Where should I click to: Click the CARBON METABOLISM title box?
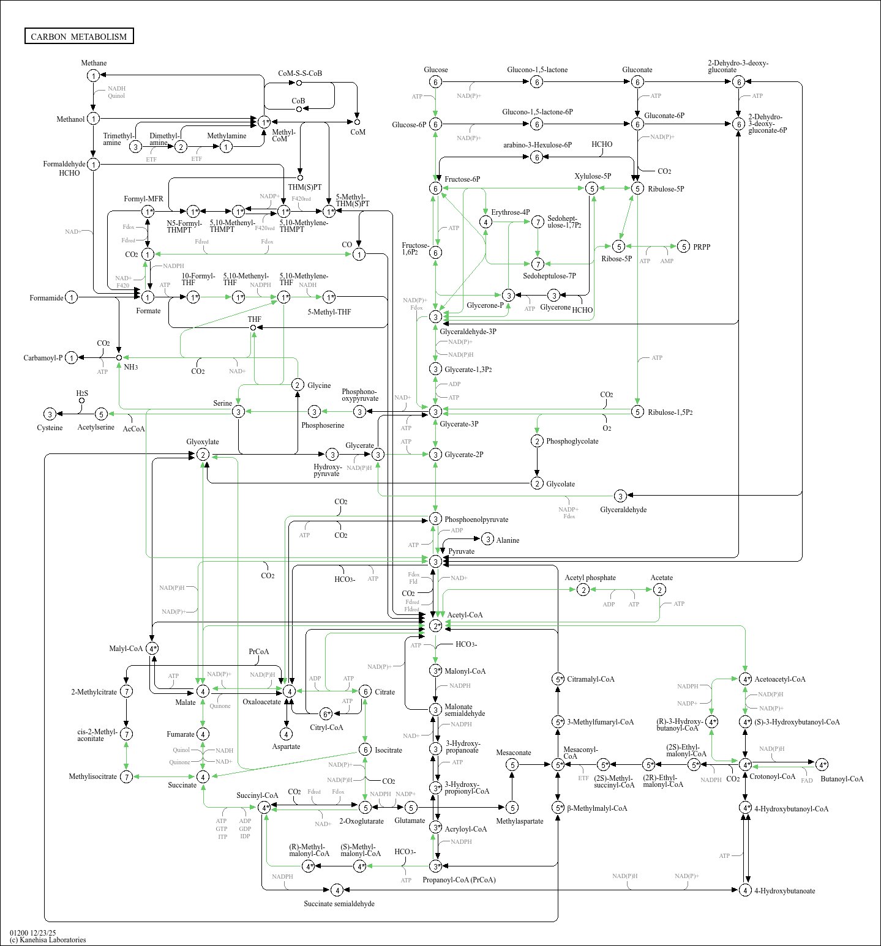click(79, 36)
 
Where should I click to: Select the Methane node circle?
click(93, 76)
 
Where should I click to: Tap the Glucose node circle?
click(435, 82)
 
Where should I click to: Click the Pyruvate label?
click(461, 551)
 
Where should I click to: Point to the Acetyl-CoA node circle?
click(435, 626)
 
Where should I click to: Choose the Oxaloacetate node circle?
click(289, 691)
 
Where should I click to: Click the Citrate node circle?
click(365, 691)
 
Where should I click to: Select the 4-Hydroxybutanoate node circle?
click(745, 890)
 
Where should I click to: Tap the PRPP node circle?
click(684, 247)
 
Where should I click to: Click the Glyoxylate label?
click(203, 442)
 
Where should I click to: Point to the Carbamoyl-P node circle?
click(72, 358)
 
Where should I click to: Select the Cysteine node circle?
click(50, 414)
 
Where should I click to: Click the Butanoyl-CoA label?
click(842, 779)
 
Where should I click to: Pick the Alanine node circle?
click(487, 539)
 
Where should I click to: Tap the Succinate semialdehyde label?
click(339, 904)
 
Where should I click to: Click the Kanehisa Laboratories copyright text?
click(48, 940)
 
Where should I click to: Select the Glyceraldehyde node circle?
click(620, 496)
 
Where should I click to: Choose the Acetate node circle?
click(659, 589)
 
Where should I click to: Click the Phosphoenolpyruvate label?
click(476, 520)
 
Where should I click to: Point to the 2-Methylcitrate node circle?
click(126, 691)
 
